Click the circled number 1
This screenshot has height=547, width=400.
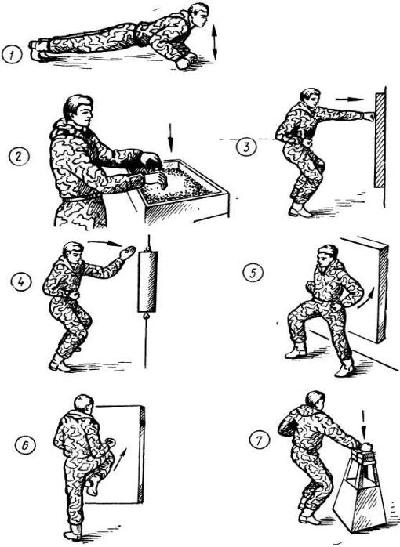[12, 55]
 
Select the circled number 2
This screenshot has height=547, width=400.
[19, 156]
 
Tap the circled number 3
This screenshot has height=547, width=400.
[246, 147]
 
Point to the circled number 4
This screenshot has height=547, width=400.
[22, 281]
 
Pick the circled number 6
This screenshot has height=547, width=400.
[25, 445]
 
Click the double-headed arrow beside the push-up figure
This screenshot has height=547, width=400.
[214, 43]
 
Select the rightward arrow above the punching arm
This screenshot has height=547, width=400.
[350, 99]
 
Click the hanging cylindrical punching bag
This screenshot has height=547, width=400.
[147, 281]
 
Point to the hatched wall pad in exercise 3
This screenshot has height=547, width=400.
[380, 140]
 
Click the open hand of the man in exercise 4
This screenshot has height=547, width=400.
[127, 252]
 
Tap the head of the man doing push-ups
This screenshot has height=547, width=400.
[198, 16]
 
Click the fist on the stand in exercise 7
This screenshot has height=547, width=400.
[365, 447]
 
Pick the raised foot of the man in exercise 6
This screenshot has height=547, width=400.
[93, 485]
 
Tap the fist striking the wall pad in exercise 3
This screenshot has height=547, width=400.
[369, 116]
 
